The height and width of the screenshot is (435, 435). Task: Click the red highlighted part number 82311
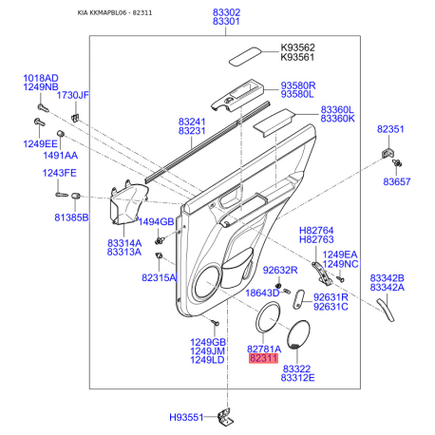click(x=263, y=358)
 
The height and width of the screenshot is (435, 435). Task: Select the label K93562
click(x=297, y=47)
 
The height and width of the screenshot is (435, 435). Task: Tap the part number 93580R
click(x=298, y=85)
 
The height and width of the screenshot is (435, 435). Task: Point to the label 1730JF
click(x=73, y=95)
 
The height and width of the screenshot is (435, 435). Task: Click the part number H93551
click(x=186, y=417)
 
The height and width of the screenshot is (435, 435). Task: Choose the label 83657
click(x=396, y=181)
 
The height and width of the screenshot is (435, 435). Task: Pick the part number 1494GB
click(x=156, y=221)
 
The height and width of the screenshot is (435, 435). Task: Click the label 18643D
click(x=262, y=293)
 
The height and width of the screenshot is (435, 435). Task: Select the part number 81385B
click(x=71, y=217)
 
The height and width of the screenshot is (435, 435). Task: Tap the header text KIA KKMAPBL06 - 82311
click(x=115, y=12)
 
